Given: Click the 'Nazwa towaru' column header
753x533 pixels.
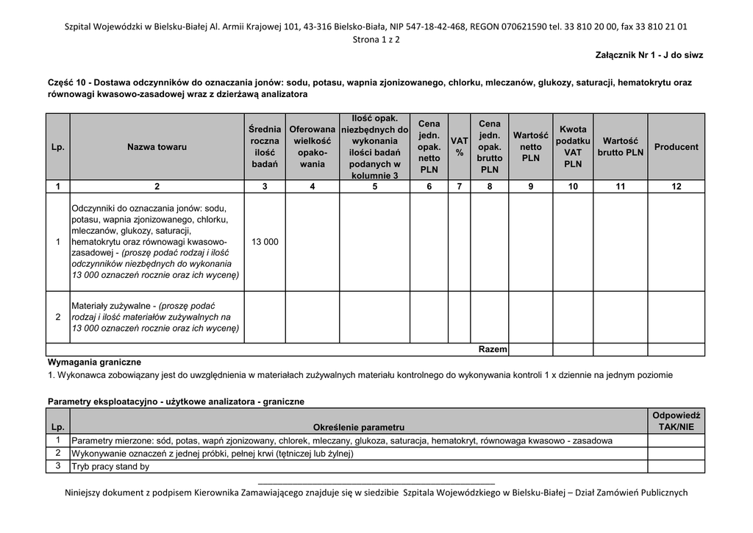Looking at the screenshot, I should (157, 147).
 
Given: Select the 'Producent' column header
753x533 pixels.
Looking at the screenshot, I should (676, 147).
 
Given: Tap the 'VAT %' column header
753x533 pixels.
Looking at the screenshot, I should (460, 146).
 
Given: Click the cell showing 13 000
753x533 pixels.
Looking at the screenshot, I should (265, 242).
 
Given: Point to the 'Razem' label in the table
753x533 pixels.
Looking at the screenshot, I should (493, 349).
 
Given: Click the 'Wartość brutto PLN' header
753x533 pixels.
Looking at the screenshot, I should (620, 146).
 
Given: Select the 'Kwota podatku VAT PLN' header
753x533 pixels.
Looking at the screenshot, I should (573, 146).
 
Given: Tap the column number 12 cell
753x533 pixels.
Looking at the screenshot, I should (676, 187).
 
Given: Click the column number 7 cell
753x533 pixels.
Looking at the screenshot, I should (460, 187).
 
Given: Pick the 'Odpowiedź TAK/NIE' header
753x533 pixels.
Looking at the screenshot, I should (676, 421).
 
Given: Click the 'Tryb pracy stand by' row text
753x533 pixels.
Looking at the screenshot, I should (110, 466).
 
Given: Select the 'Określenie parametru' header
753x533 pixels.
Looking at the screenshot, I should (358, 427).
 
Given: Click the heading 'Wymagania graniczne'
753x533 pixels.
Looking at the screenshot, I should (94, 362).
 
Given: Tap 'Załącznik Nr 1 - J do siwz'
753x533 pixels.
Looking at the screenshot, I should (649, 55).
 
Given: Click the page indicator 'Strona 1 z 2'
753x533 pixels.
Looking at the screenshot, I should (376, 39).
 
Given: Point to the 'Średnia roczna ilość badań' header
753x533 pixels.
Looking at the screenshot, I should (265, 146).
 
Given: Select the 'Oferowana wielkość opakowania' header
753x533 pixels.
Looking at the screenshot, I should (313, 146).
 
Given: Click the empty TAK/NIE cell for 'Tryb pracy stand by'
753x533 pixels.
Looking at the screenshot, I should (676, 466).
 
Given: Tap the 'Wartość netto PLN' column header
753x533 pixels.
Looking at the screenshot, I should (530, 146).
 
